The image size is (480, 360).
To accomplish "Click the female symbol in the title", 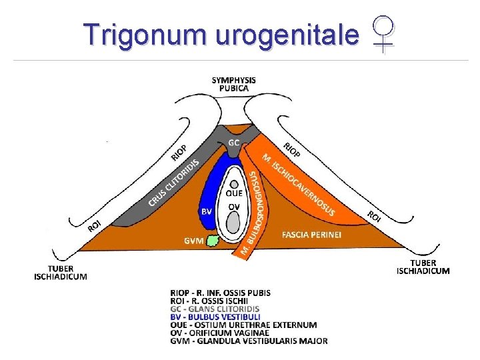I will [x=384, y=35].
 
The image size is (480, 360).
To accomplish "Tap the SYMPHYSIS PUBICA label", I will [x=233, y=84].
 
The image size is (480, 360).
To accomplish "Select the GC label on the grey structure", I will [x=234, y=143].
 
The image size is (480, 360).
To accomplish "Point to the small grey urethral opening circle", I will [x=234, y=185].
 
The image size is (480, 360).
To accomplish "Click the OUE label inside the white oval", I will [x=234, y=194].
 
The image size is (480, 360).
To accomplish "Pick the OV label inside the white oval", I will [x=233, y=207].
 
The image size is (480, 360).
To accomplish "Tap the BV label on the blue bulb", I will [x=207, y=211].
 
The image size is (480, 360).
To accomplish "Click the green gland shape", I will [x=213, y=239].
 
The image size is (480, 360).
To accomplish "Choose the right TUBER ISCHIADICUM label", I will [x=423, y=267].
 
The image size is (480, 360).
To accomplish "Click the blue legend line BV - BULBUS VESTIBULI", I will [x=215, y=317].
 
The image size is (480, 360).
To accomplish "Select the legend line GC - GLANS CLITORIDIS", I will [x=215, y=309].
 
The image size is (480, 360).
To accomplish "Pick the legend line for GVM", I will [x=249, y=341].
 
